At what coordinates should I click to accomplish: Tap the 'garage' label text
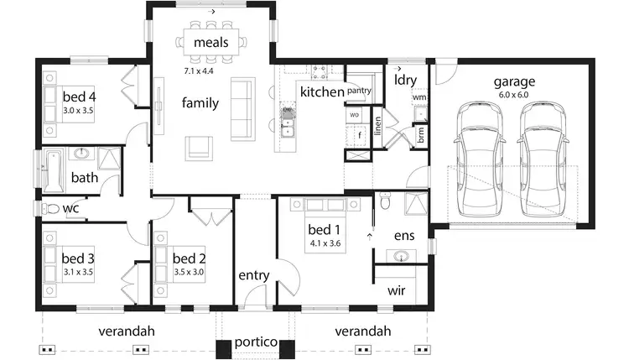pos(513,81)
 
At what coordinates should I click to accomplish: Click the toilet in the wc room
pos(50,208)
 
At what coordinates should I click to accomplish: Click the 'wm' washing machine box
pos(419,97)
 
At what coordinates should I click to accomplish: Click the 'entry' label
pos(253,275)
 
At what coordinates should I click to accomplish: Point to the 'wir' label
pos(397,290)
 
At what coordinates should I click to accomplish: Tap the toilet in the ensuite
pos(385,201)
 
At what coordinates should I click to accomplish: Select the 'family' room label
pos(200,103)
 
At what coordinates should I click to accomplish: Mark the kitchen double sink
pos(288,128)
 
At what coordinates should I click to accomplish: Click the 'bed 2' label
pos(189,258)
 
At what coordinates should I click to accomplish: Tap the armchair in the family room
pos(200,147)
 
